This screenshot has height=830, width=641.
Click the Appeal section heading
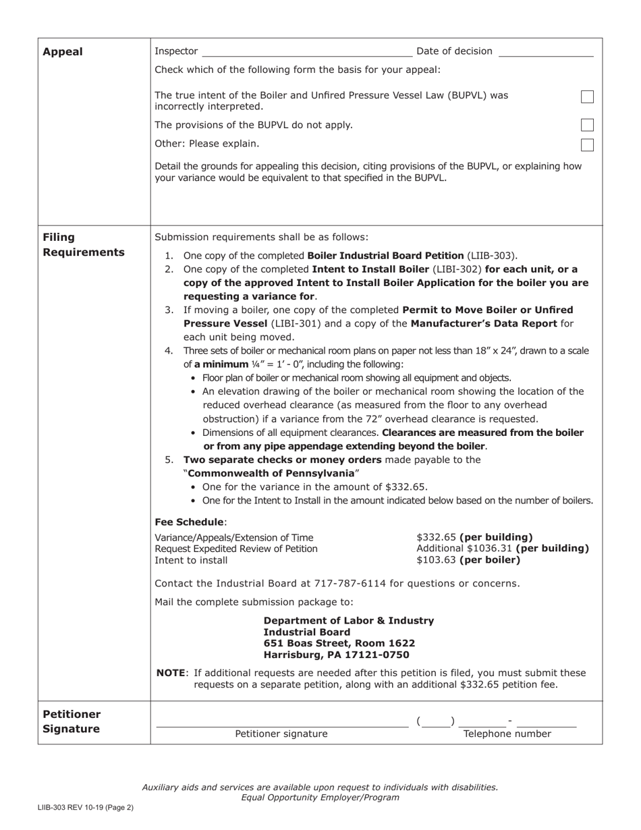coord(63,52)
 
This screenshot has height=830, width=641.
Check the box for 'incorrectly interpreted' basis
coord(587,97)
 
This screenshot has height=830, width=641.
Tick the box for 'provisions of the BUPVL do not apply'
coord(587,125)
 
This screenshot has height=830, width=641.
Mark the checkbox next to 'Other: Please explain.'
coord(587,144)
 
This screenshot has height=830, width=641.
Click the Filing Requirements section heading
coord(84,245)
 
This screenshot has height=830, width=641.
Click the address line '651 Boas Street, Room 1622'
coord(339,644)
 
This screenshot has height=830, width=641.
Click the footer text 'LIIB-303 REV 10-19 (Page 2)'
coord(85,807)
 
